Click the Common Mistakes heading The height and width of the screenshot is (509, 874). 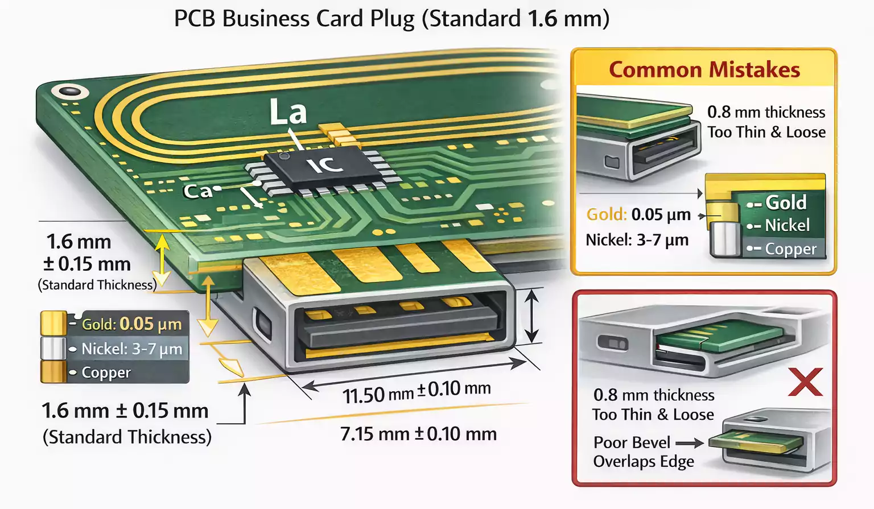tap(704, 70)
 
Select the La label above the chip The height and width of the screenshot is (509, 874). tap(288, 112)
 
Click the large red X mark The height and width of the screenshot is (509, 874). tap(805, 382)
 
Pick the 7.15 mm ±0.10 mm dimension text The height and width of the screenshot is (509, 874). tap(418, 434)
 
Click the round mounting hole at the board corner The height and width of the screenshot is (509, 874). tap(70, 92)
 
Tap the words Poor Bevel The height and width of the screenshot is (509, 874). tap(632, 442)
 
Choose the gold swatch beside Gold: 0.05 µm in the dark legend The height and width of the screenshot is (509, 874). tap(53, 324)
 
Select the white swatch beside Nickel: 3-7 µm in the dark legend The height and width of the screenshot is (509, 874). tap(53, 349)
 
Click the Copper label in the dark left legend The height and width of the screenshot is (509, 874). tap(106, 373)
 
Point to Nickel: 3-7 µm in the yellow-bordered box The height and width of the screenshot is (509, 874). tap(637, 240)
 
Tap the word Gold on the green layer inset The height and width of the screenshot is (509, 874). tap(786, 202)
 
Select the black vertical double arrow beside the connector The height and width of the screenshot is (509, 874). tap(531, 316)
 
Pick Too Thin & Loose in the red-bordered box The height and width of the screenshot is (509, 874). tap(653, 415)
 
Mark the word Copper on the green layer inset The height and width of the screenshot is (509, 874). tap(790, 249)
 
